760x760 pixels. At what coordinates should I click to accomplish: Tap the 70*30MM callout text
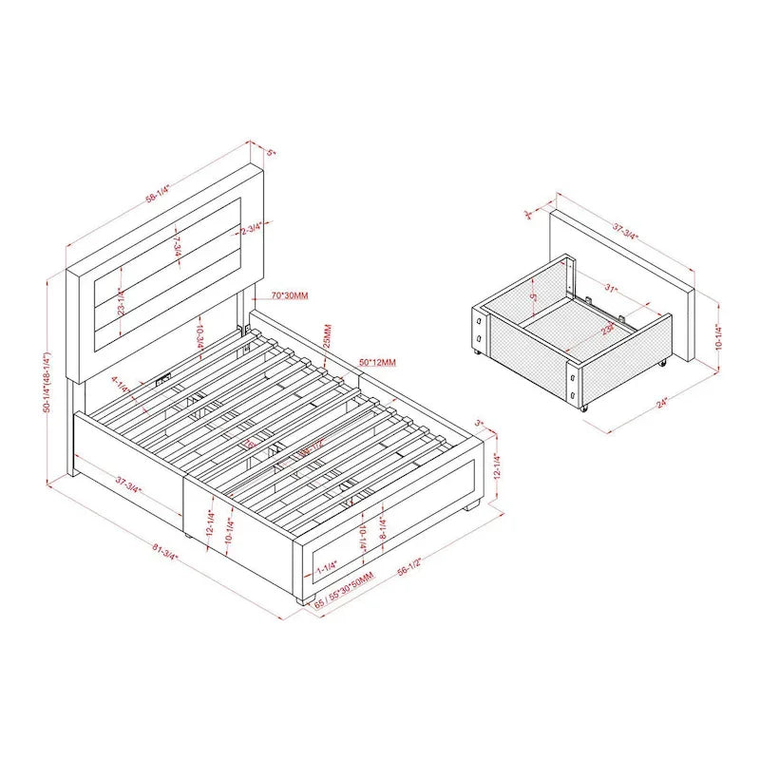(289, 296)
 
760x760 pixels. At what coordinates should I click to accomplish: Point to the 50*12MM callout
(377, 362)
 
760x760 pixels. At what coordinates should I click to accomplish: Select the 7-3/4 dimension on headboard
(177, 246)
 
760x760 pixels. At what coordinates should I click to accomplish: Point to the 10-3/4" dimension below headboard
(200, 336)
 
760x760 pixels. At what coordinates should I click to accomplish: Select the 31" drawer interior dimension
(609, 289)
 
